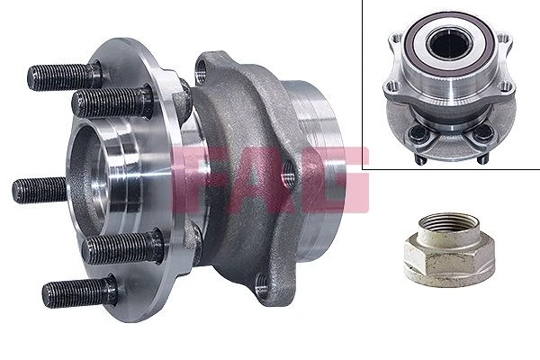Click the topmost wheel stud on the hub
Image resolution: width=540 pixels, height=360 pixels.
(64, 76)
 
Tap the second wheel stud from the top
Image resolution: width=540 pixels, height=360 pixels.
(112, 101)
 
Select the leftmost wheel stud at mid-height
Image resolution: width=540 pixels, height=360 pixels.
(40, 190)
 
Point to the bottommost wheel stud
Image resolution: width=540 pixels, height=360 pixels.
(79, 292)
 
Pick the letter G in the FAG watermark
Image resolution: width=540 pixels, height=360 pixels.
(334, 179)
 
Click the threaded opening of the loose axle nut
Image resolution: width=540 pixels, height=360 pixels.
(449, 221)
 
